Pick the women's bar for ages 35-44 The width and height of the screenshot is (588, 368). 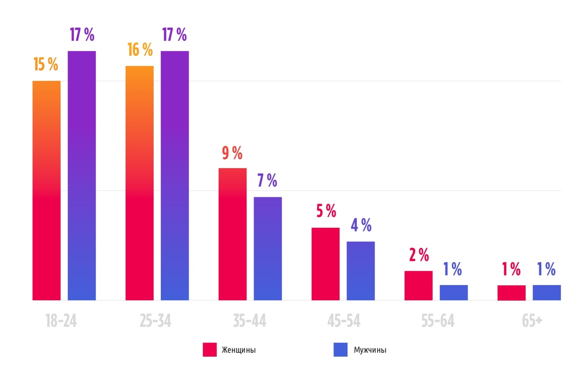(232, 234)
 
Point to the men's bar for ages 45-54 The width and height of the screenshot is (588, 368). (361, 271)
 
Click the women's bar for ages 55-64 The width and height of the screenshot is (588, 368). (418, 286)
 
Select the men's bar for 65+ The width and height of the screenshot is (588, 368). (546, 292)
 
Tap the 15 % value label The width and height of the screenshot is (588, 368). (46, 64)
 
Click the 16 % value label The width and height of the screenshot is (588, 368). (140, 50)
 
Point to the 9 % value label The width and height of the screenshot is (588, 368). (232, 154)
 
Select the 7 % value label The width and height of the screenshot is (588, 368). (267, 181)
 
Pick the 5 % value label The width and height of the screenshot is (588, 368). (326, 211)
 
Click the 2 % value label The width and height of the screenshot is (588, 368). (418, 255)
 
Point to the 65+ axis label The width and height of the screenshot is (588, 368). (532, 321)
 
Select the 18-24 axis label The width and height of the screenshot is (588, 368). (61, 321)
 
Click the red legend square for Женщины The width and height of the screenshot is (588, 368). (210, 350)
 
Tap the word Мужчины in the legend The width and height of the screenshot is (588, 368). (370, 350)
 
